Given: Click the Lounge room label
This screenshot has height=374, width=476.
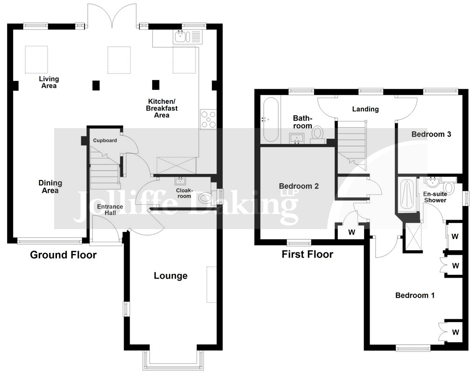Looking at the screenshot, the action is [x=171, y=276].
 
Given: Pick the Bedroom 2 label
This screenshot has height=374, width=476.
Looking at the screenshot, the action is [x=299, y=186].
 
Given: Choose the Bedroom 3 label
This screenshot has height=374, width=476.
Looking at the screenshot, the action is [x=431, y=134].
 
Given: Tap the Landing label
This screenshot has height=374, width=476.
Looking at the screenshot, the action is [x=365, y=109].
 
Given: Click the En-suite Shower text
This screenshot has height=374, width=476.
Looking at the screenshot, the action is [x=435, y=197].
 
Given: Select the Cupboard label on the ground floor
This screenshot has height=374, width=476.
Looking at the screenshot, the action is [x=105, y=140].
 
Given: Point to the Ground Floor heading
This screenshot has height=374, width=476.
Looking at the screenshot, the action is [x=63, y=255].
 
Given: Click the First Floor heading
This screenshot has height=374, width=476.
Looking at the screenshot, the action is [x=307, y=254].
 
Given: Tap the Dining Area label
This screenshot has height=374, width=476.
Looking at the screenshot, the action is [x=50, y=187].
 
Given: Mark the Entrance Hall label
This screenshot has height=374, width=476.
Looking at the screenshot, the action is [x=110, y=210].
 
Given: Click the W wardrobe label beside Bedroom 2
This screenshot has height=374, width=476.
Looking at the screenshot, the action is [x=351, y=233].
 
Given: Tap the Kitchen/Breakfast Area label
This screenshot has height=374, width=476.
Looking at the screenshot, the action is [x=162, y=108].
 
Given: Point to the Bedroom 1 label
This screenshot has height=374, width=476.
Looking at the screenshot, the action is [x=415, y=295].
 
